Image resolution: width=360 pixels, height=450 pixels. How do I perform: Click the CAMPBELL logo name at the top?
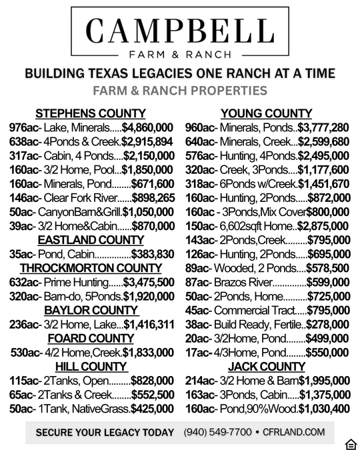pyautogui.click(x=179, y=30)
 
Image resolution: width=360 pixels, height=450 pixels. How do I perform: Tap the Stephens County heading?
pyautogui.click(x=90, y=113)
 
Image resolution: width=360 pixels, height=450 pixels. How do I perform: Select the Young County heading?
pyautogui.click(x=266, y=113)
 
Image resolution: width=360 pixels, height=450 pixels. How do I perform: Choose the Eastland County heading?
pyautogui.click(x=91, y=240)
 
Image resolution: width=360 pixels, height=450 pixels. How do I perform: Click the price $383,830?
pyautogui.click(x=153, y=254)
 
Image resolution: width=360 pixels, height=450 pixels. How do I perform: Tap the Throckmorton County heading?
pyautogui.click(x=91, y=268)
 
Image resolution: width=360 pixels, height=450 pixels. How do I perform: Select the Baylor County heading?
pyautogui.click(x=91, y=310)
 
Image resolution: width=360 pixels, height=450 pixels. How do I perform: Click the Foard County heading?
pyautogui.click(x=91, y=339)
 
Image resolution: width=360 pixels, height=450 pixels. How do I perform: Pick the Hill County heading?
pyautogui.click(x=91, y=367)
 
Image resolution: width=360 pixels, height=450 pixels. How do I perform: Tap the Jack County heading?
pyautogui.click(x=266, y=367)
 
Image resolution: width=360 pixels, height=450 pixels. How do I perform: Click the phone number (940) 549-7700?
pyautogui.click(x=217, y=433)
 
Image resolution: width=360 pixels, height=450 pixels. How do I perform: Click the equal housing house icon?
pyautogui.click(x=351, y=444)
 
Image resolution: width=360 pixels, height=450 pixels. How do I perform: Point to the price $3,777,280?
pyautogui.click(x=323, y=127)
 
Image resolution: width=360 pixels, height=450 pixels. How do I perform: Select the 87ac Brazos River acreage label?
pyautogui.click(x=198, y=282)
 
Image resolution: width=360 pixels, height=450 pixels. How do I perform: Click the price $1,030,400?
pyautogui.click(x=324, y=409)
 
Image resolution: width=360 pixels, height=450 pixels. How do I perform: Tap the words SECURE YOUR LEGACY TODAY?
pyautogui.click(x=105, y=433)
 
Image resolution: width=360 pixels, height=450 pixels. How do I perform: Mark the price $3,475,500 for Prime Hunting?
pyautogui.click(x=149, y=282)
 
